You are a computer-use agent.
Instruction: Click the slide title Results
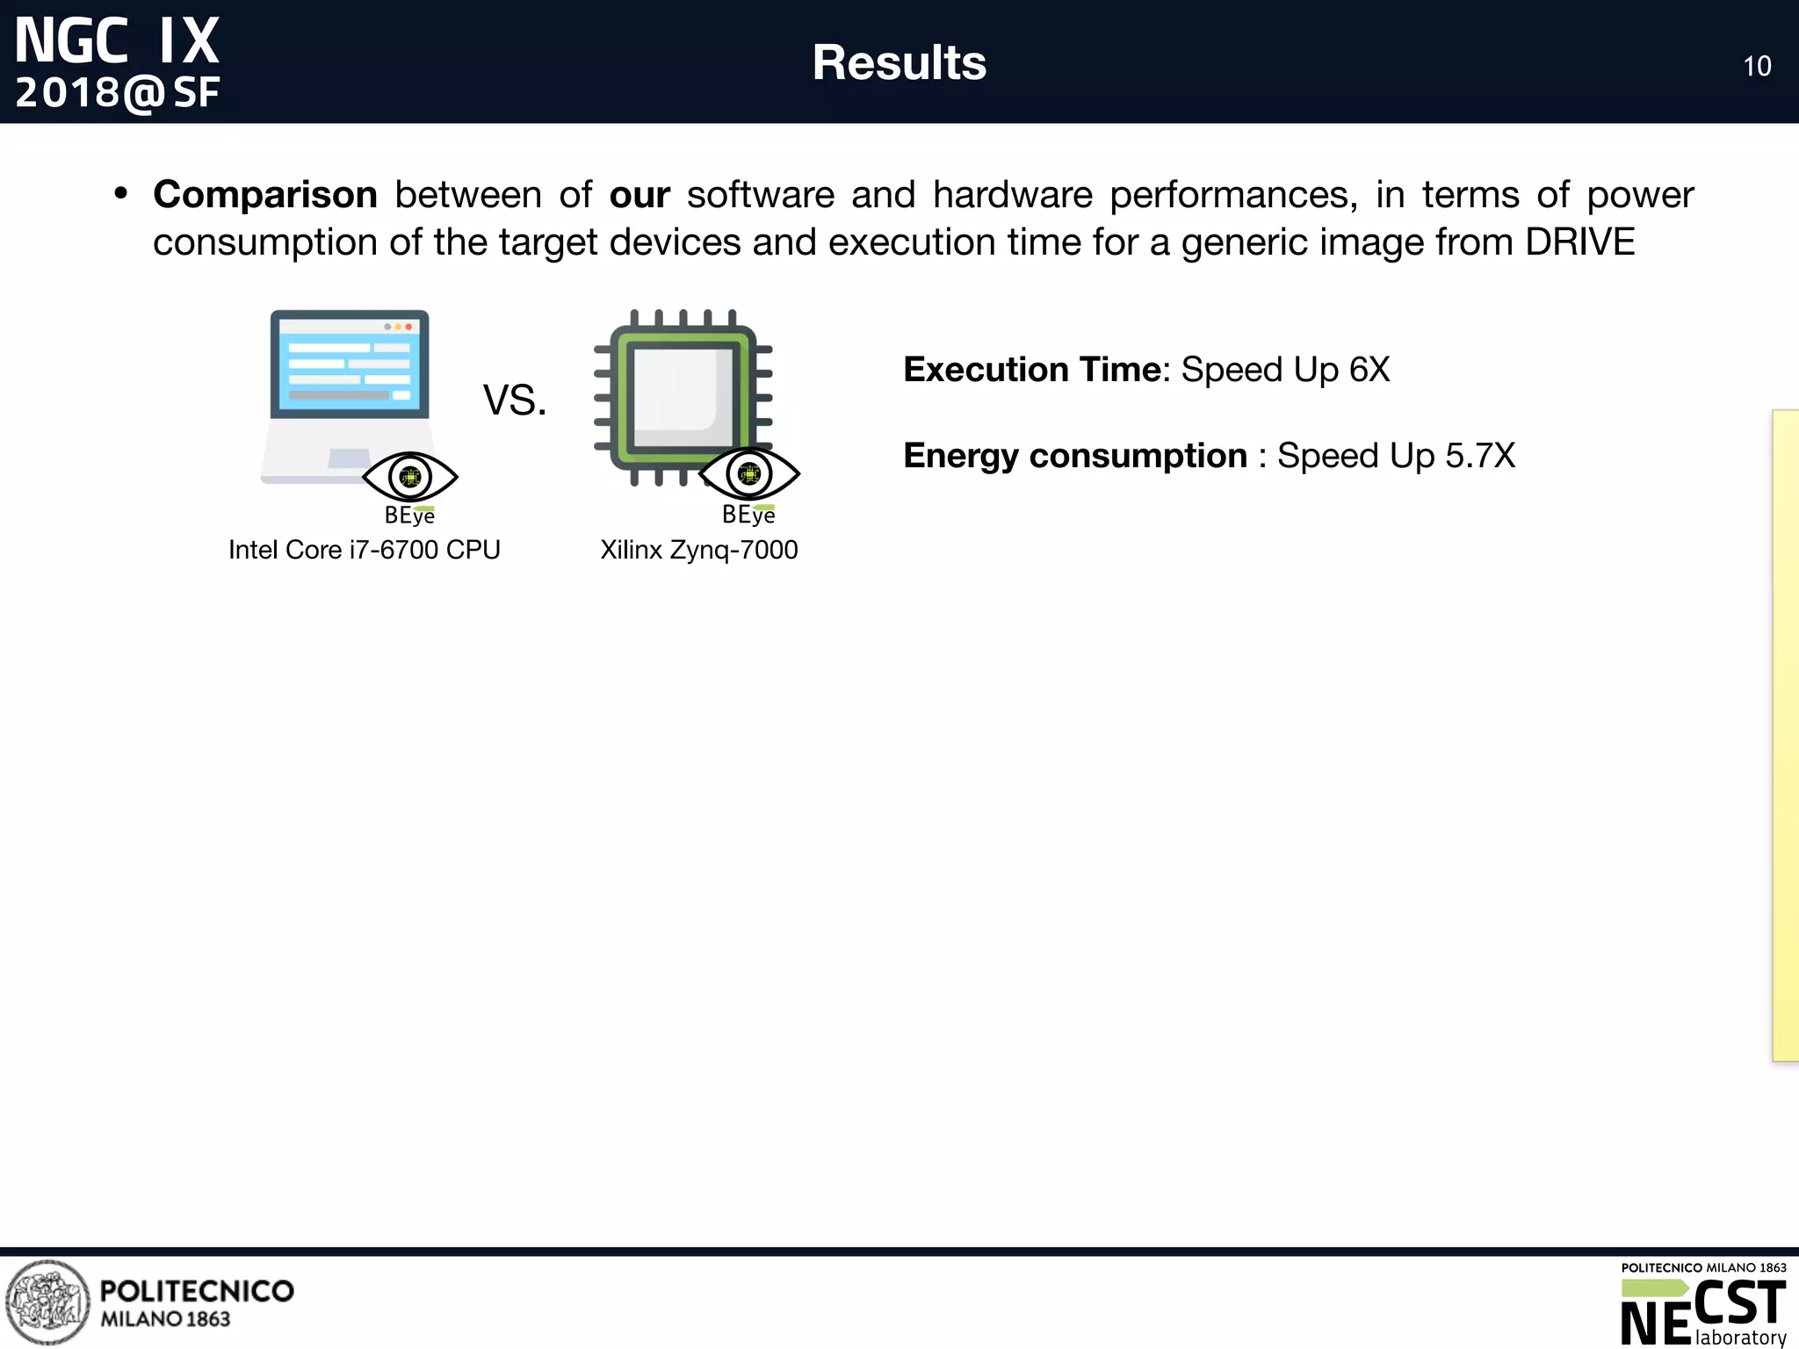[x=899, y=63]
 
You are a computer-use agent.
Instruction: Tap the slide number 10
[x=1757, y=67]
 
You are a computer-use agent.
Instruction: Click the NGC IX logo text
[x=117, y=41]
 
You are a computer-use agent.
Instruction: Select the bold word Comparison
[x=264, y=195]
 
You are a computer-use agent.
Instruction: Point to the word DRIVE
[x=1579, y=242]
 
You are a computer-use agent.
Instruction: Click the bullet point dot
[x=121, y=193]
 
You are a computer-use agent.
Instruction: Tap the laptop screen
[x=349, y=364]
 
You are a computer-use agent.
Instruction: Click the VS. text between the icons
[x=515, y=400]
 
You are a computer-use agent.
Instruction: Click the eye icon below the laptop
[x=410, y=477]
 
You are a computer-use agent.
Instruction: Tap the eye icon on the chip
[x=749, y=474]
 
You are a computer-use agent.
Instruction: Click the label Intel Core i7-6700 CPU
[x=364, y=550]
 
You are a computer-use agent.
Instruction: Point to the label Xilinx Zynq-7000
[x=698, y=550]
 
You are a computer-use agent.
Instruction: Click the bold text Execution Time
[x=1032, y=370]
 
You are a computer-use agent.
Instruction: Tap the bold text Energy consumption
[x=1075, y=456]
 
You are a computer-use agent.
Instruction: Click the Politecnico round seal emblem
[x=47, y=1302]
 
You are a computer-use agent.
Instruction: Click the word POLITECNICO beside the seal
[x=197, y=1291]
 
